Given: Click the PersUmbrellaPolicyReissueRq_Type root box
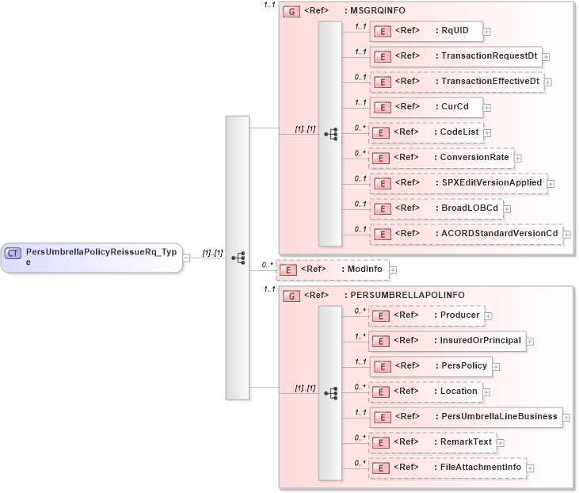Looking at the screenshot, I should tap(91, 257).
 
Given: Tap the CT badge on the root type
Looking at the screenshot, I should tap(13, 253).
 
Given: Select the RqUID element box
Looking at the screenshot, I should tap(426, 31).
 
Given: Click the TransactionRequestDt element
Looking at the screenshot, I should tap(455, 56).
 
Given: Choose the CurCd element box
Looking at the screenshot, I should tap(426, 107).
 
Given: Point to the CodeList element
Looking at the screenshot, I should tap(429, 132).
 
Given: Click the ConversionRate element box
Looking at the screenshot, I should tap(441, 158).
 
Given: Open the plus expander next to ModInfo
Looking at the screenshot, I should tap(393, 270).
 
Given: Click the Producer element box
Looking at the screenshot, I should tap(427, 315).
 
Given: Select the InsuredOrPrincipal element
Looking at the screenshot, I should tap(448, 341).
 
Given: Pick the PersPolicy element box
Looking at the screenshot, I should tap(431, 366).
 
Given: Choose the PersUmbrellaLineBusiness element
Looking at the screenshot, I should tap(466, 417).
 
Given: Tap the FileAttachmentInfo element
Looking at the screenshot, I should tap(448, 468).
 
